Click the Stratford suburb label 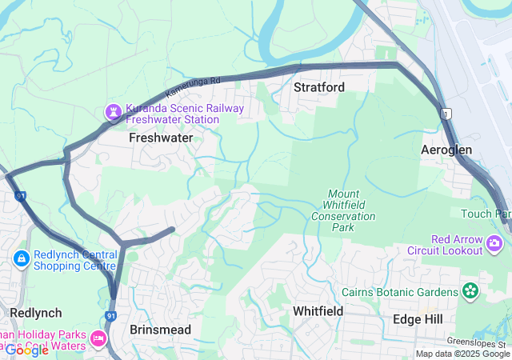pos(318,86)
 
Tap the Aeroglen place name pos(446,150)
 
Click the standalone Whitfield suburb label pos(318,310)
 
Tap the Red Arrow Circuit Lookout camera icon pos(497,242)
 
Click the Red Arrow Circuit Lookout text pos(457,245)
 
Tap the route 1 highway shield pos(445,114)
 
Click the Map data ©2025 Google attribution pos(462,354)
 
